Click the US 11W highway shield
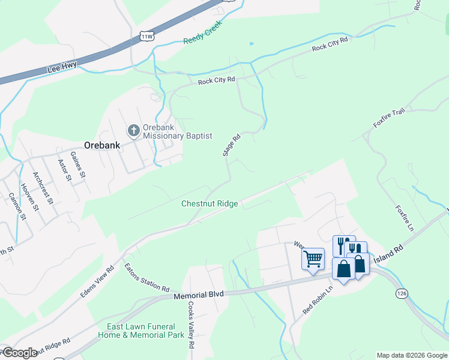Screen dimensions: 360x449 coord(147,35)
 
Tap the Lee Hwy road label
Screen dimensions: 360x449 coord(62,69)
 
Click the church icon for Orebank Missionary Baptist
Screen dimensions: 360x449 coord(133,130)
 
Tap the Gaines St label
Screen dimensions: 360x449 coord(78,165)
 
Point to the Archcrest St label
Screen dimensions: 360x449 coord(44,188)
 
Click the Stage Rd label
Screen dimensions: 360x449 coord(232,145)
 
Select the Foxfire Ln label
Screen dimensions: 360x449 coord(404,219)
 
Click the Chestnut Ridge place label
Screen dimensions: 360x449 coord(210,204)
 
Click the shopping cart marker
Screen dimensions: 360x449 coord(312,260)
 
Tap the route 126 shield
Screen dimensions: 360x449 coord(402,293)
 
